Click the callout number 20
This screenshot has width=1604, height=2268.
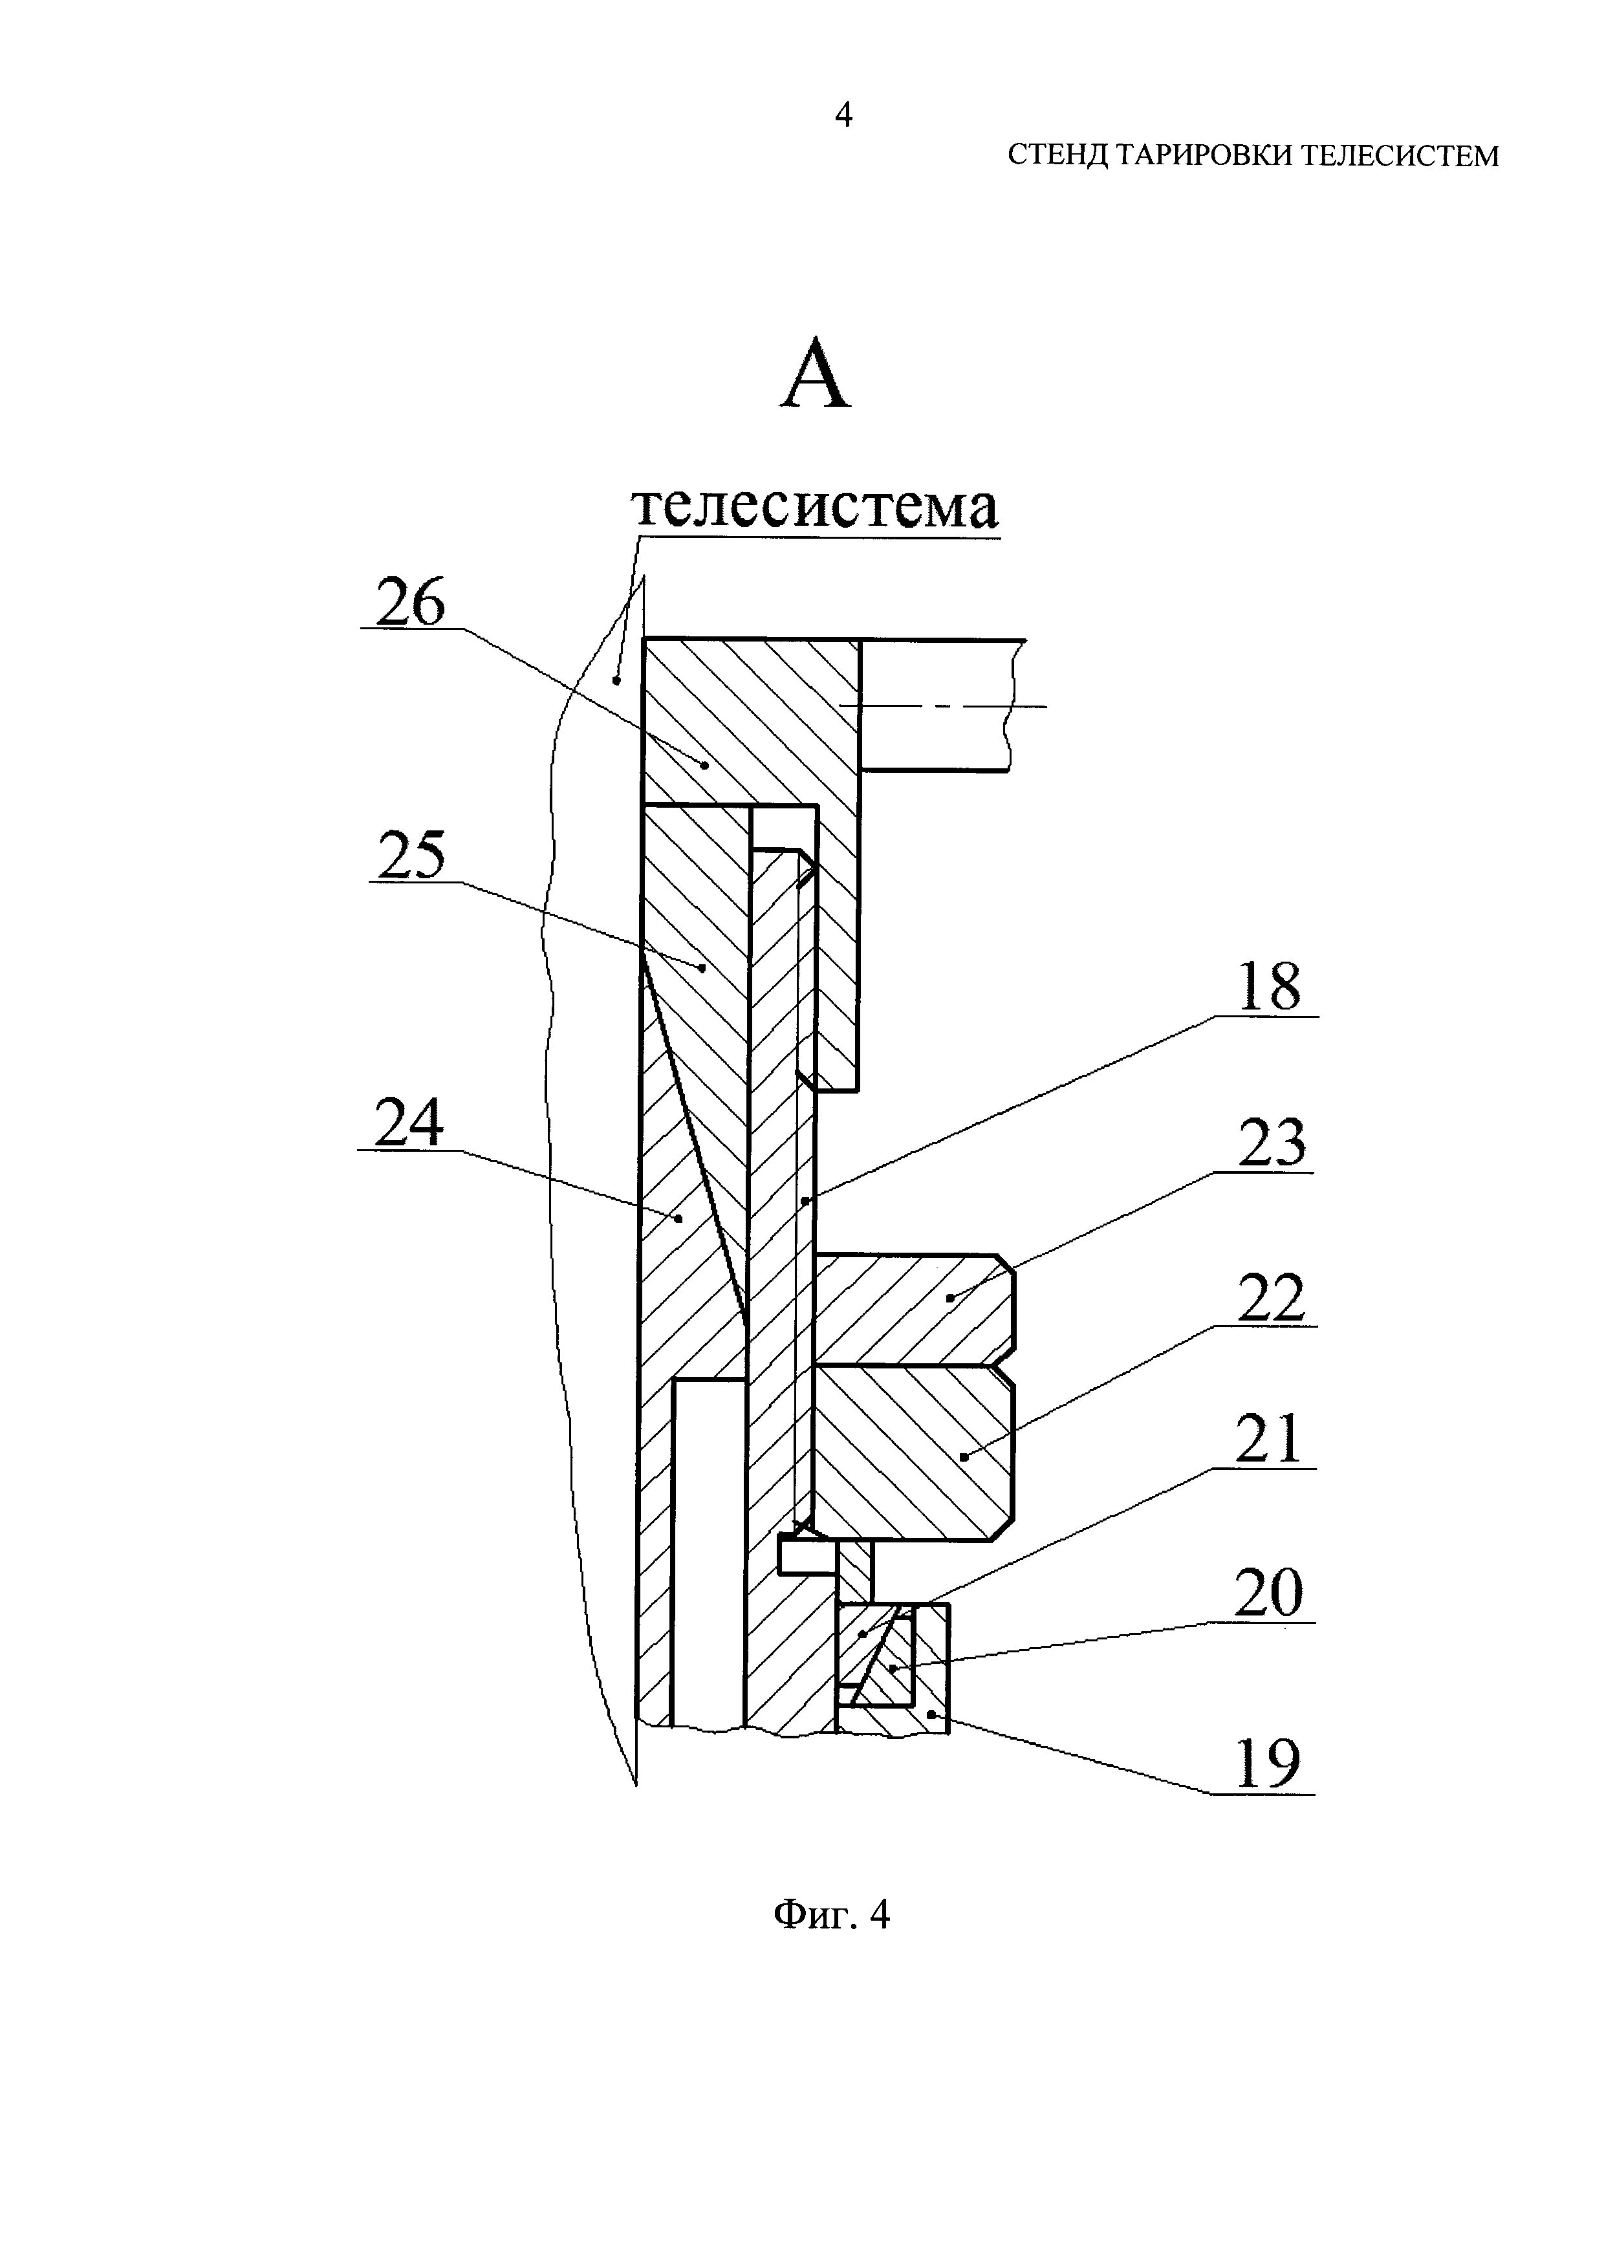pos(1269,1593)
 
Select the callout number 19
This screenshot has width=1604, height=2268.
pos(1267,1766)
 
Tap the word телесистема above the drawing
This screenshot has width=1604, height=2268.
pos(816,508)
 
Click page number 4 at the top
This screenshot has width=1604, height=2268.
pos(843,116)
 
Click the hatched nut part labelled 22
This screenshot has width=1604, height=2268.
pos(909,1452)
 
